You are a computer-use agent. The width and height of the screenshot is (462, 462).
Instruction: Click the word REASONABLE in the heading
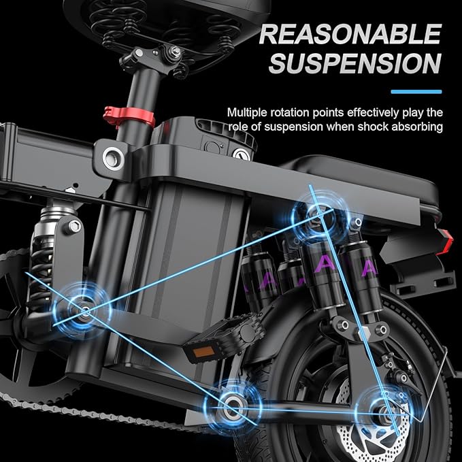[350, 34]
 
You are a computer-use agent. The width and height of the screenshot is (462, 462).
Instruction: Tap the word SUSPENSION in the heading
[355, 63]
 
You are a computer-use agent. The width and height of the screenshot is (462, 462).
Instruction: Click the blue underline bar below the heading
[416, 92]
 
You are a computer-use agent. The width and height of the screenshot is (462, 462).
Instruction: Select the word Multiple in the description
[247, 112]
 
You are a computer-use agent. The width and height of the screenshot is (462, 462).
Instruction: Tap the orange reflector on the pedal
[204, 352]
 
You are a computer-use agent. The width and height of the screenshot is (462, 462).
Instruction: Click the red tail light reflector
[446, 242]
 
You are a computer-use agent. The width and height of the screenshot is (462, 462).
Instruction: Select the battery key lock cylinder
[242, 154]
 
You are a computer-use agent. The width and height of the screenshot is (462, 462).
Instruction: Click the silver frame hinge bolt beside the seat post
[114, 159]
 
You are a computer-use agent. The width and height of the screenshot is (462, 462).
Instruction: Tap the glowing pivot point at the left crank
[83, 310]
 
